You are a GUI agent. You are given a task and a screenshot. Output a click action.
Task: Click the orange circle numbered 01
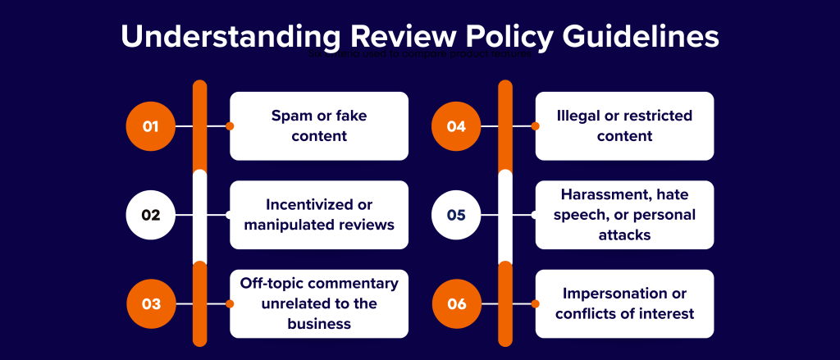[150, 126]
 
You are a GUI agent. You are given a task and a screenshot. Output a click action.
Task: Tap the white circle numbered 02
[150, 215]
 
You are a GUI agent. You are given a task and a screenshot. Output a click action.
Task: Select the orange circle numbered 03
[150, 303]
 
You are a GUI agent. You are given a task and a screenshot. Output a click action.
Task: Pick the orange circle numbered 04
[456, 126]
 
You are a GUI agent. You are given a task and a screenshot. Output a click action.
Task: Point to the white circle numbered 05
[456, 215]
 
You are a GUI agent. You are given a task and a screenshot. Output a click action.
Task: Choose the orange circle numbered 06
[456, 303]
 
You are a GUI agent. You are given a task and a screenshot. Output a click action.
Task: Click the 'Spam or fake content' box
[319, 126]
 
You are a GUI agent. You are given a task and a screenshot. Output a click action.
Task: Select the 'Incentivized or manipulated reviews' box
[319, 215]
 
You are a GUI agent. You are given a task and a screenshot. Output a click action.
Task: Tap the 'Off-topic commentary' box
[319, 303]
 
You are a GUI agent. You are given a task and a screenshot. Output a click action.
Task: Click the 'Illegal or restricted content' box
[624, 126]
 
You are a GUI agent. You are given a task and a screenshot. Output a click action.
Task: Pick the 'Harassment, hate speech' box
[624, 215]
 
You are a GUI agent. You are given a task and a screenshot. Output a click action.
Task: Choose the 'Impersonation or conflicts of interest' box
[624, 303]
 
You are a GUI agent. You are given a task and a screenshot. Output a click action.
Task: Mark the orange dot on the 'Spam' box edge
[230, 126]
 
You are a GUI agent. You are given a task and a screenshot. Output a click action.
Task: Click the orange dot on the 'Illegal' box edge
[536, 126]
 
